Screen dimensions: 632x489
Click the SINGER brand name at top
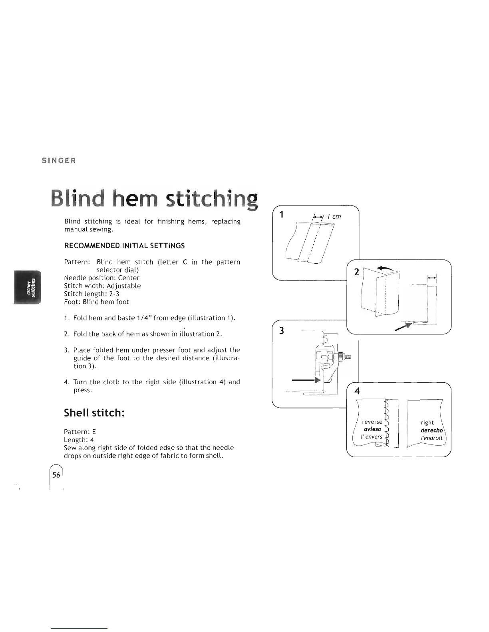(59, 161)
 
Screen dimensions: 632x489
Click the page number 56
(56, 475)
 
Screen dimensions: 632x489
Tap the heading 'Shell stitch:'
(95, 413)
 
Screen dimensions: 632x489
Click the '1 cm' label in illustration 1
(334, 216)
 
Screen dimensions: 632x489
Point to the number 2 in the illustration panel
(357, 273)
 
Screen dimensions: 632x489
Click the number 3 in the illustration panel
(281, 331)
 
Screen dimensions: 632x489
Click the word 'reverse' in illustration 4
(372, 422)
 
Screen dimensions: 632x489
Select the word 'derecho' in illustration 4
(431, 430)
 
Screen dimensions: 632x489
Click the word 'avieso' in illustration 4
(372, 429)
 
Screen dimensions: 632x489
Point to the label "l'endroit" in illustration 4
(432, 438)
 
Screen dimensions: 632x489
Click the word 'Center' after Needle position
(129, 278)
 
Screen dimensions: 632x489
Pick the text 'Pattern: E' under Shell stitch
(80, 432)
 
